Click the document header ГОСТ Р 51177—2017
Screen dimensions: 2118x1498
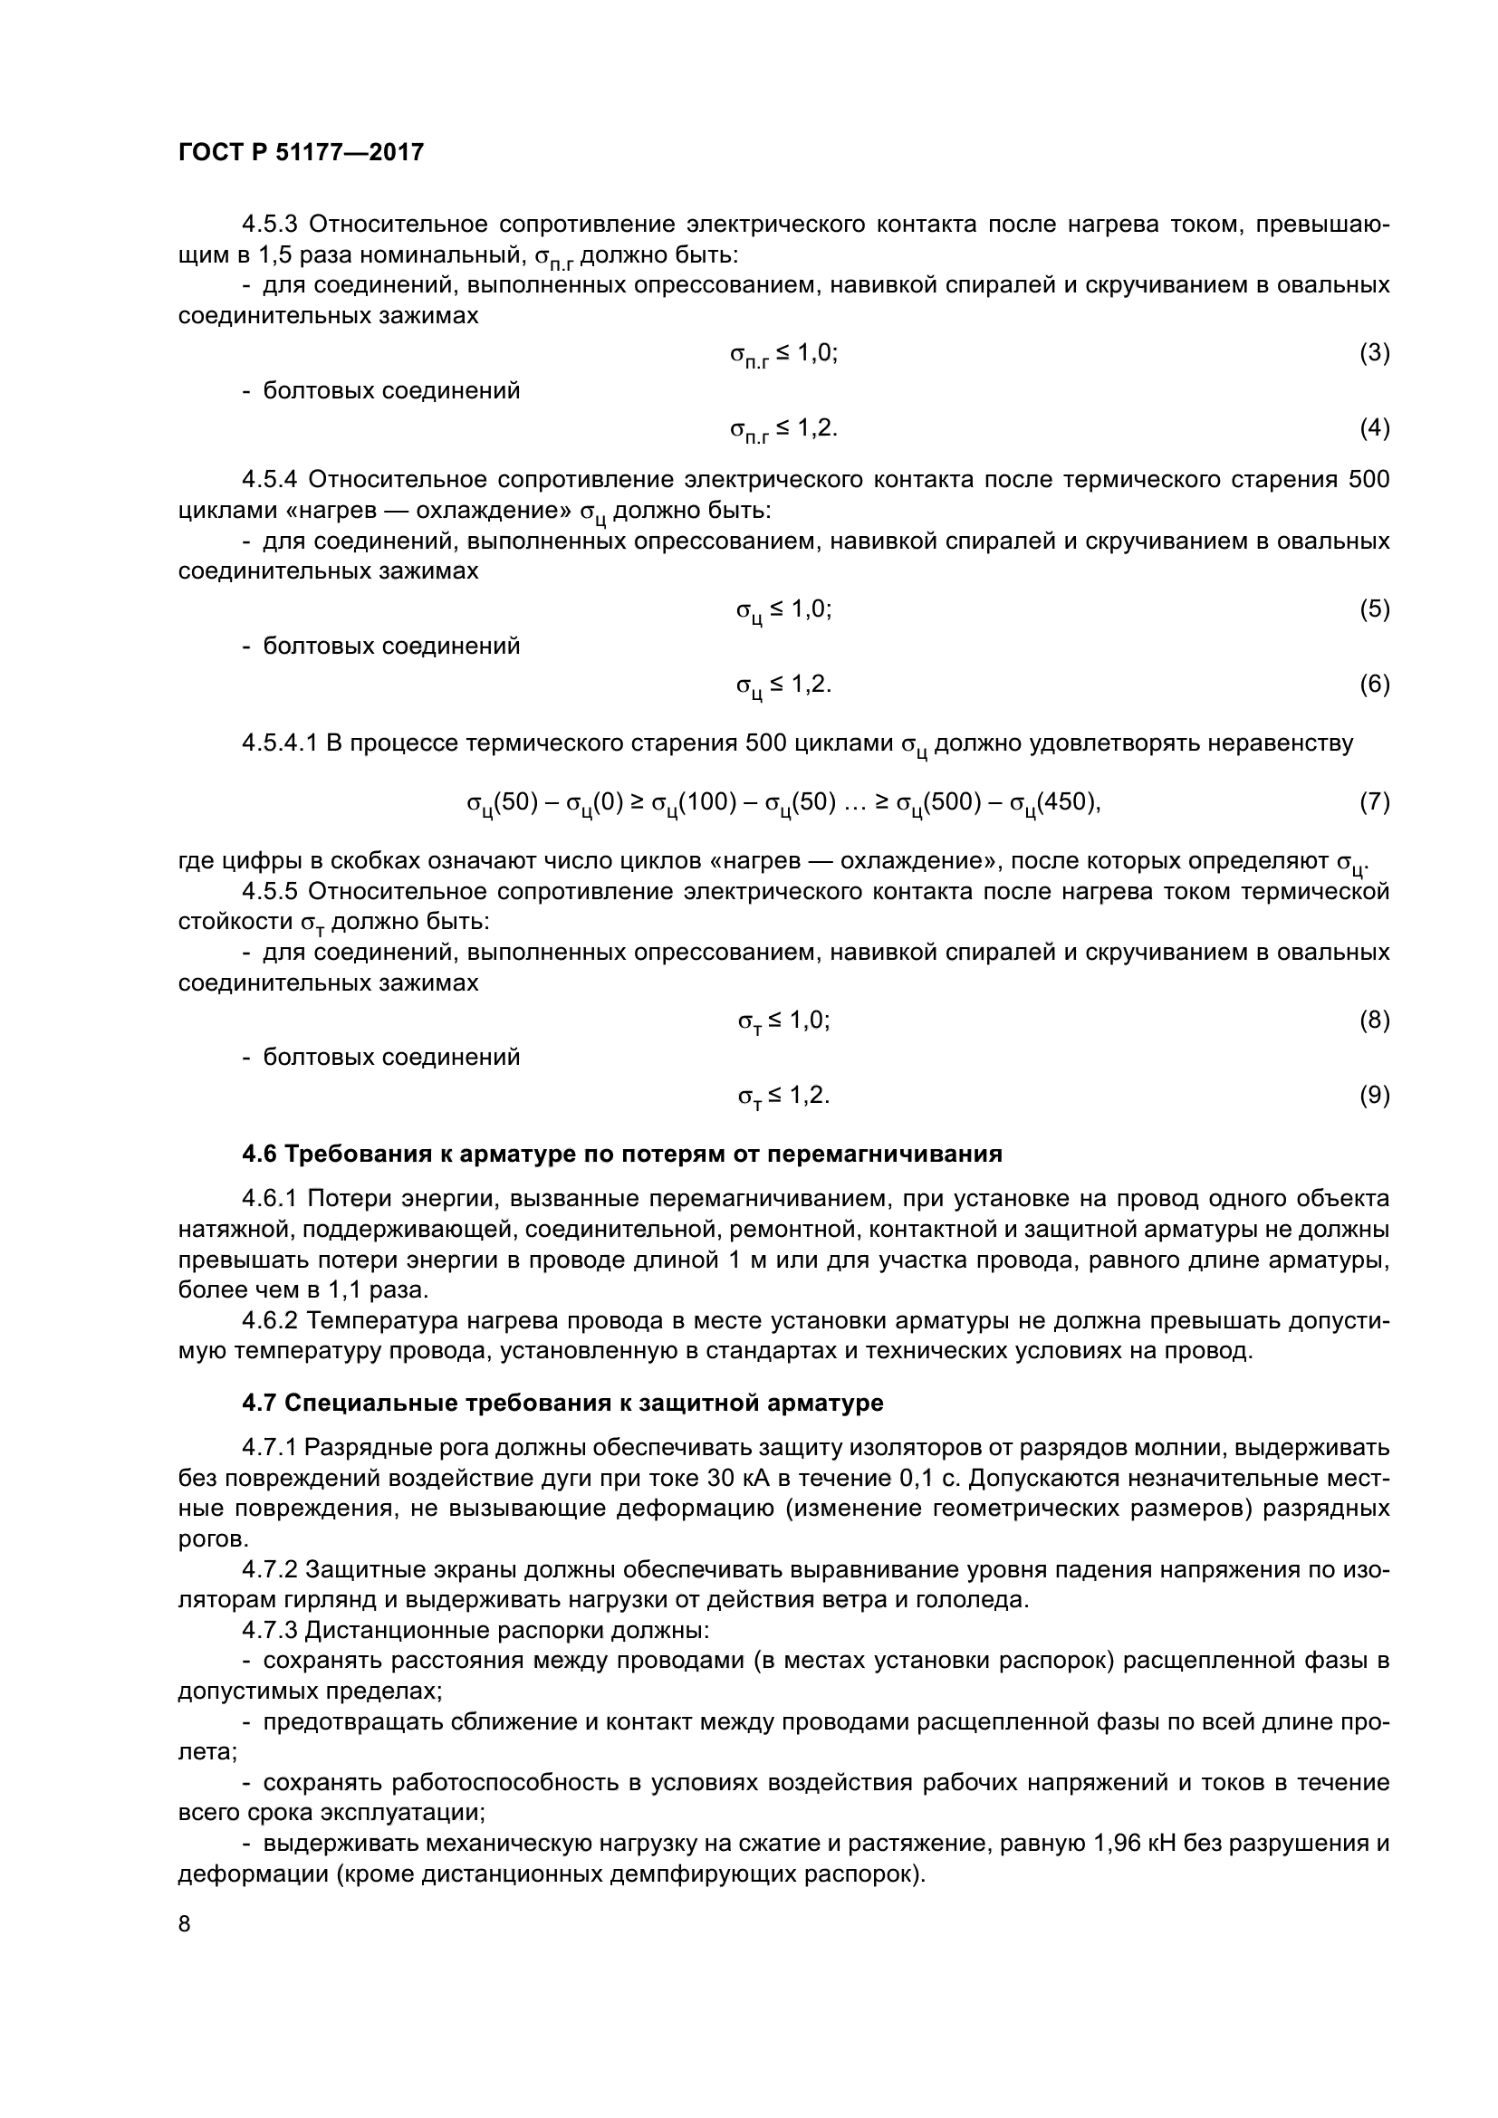pos(301,152)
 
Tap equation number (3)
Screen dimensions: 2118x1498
pos(1374,352)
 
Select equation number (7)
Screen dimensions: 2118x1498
pos(1374,801)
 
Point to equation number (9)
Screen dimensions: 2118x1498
pos(1374,1095)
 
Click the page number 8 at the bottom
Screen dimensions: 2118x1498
pos(185,1923)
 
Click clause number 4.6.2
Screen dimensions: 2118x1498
pos(270,1321)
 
